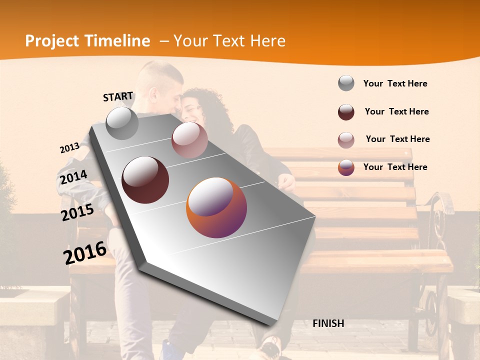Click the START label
click(118, 96)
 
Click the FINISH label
click(328, 323)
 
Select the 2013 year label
click(69, 148)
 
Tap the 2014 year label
click(73, 177)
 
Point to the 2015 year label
click(77, 212)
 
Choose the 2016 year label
click(85, 252)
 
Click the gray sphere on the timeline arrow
click(122, 123)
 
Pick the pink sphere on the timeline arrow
click(189, 140)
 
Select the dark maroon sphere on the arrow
click(145, 180)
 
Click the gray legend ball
click(346, 83)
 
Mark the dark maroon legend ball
click(346, 112)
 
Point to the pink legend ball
click(346, 140)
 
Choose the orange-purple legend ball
click(346, 167)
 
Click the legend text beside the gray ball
click(395, 83)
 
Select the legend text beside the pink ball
click(397, 139)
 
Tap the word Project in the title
click(52, 41)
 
